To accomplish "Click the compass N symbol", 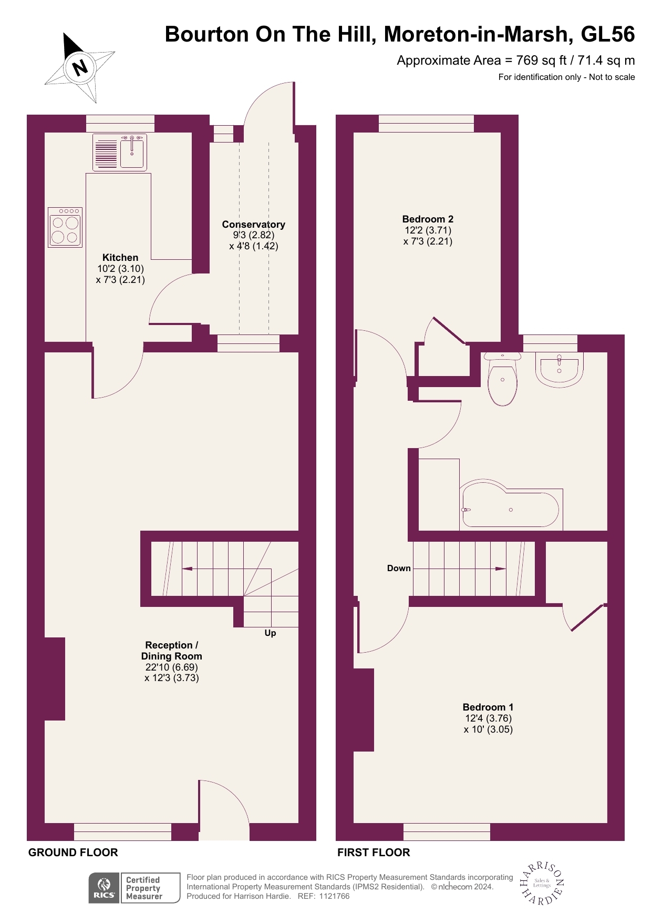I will pyautogui.click(x=80, y=67).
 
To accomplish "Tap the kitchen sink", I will pyautogui.click(x=131, y=152).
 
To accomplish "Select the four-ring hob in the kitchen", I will pyautogui.click(x=65, y=227).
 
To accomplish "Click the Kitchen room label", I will pyautogui.click(x=120, y=258).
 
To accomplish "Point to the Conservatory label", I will pyautogui.click(x=253, y=225).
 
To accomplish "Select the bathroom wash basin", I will pyautogui.click(x=559, y=368).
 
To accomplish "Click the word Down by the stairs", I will pyautogui.click(x=399, y=569).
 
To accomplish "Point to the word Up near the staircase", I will pyautogui.click(x=270, y=633).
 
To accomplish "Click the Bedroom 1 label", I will pyautogui.click(x=488, y=707).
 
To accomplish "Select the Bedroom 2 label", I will pyautogui.click(x=428, y=219).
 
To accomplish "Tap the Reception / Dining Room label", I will pyautogui.click(x=171, y=651).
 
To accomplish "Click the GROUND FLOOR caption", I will pyautogui.click(x=73, y=853).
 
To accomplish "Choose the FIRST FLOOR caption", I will pyautogui.click(x=374, y=853).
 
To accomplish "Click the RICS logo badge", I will pyautogui.click(x=104, y=888).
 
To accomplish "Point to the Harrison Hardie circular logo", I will pyautogui.click(x=542, y=884).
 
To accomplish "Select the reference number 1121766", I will pyautogui.click(x=334, y=896).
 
